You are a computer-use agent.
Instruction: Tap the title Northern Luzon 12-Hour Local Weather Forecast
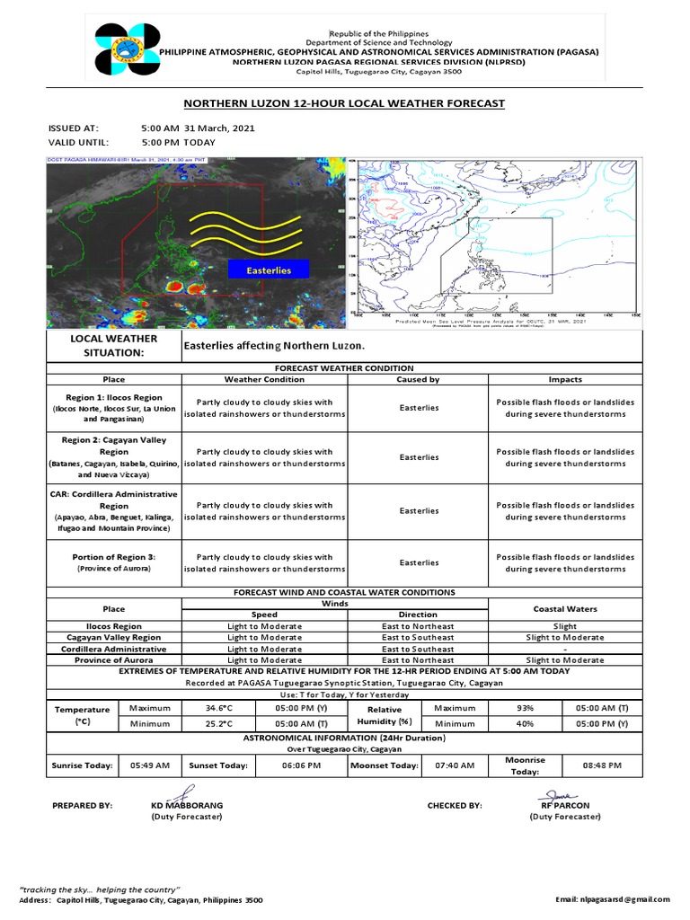click(x=344, y=104)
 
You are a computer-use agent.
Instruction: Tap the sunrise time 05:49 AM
click(x=150, y=765)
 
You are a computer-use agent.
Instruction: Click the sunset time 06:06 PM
click(x=301, y=765)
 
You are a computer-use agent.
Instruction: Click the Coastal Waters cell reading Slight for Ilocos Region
click(x=565, y=626)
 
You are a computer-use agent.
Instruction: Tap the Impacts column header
click(x=565, y=379)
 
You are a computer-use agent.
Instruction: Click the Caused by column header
click(x=419, y=379)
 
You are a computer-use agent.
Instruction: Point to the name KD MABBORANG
click(x=187, y=806)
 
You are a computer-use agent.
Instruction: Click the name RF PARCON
click(x=565, y=806)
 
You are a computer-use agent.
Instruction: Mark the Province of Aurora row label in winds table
click(x=113, y=659)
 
